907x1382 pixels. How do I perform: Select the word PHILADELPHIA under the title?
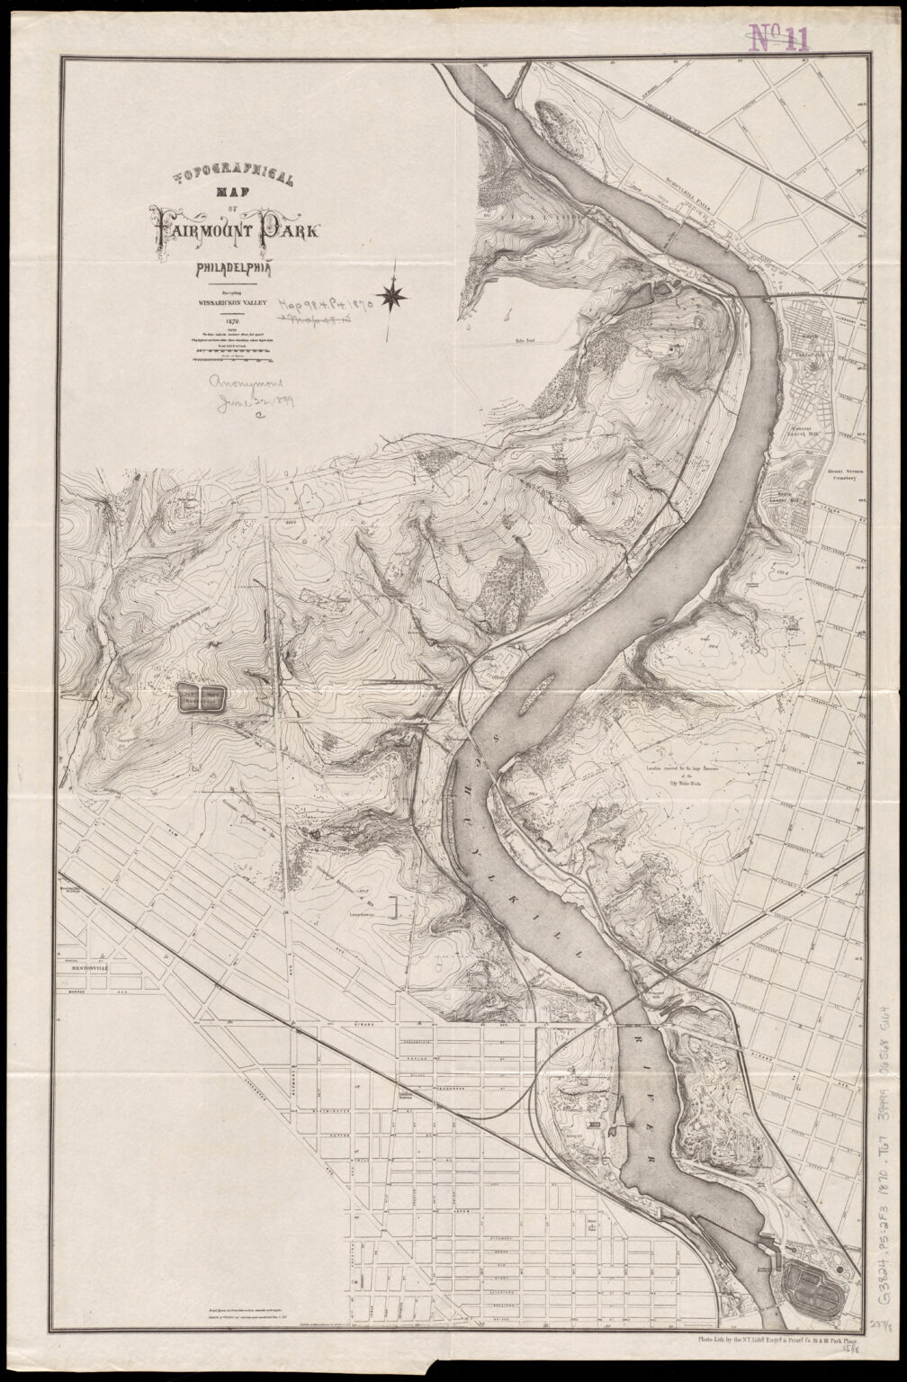[235, 267]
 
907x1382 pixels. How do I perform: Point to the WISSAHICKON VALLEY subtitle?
[228, 303]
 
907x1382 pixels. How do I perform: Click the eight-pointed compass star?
[393, 294]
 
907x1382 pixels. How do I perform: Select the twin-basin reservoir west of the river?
[200, 697]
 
